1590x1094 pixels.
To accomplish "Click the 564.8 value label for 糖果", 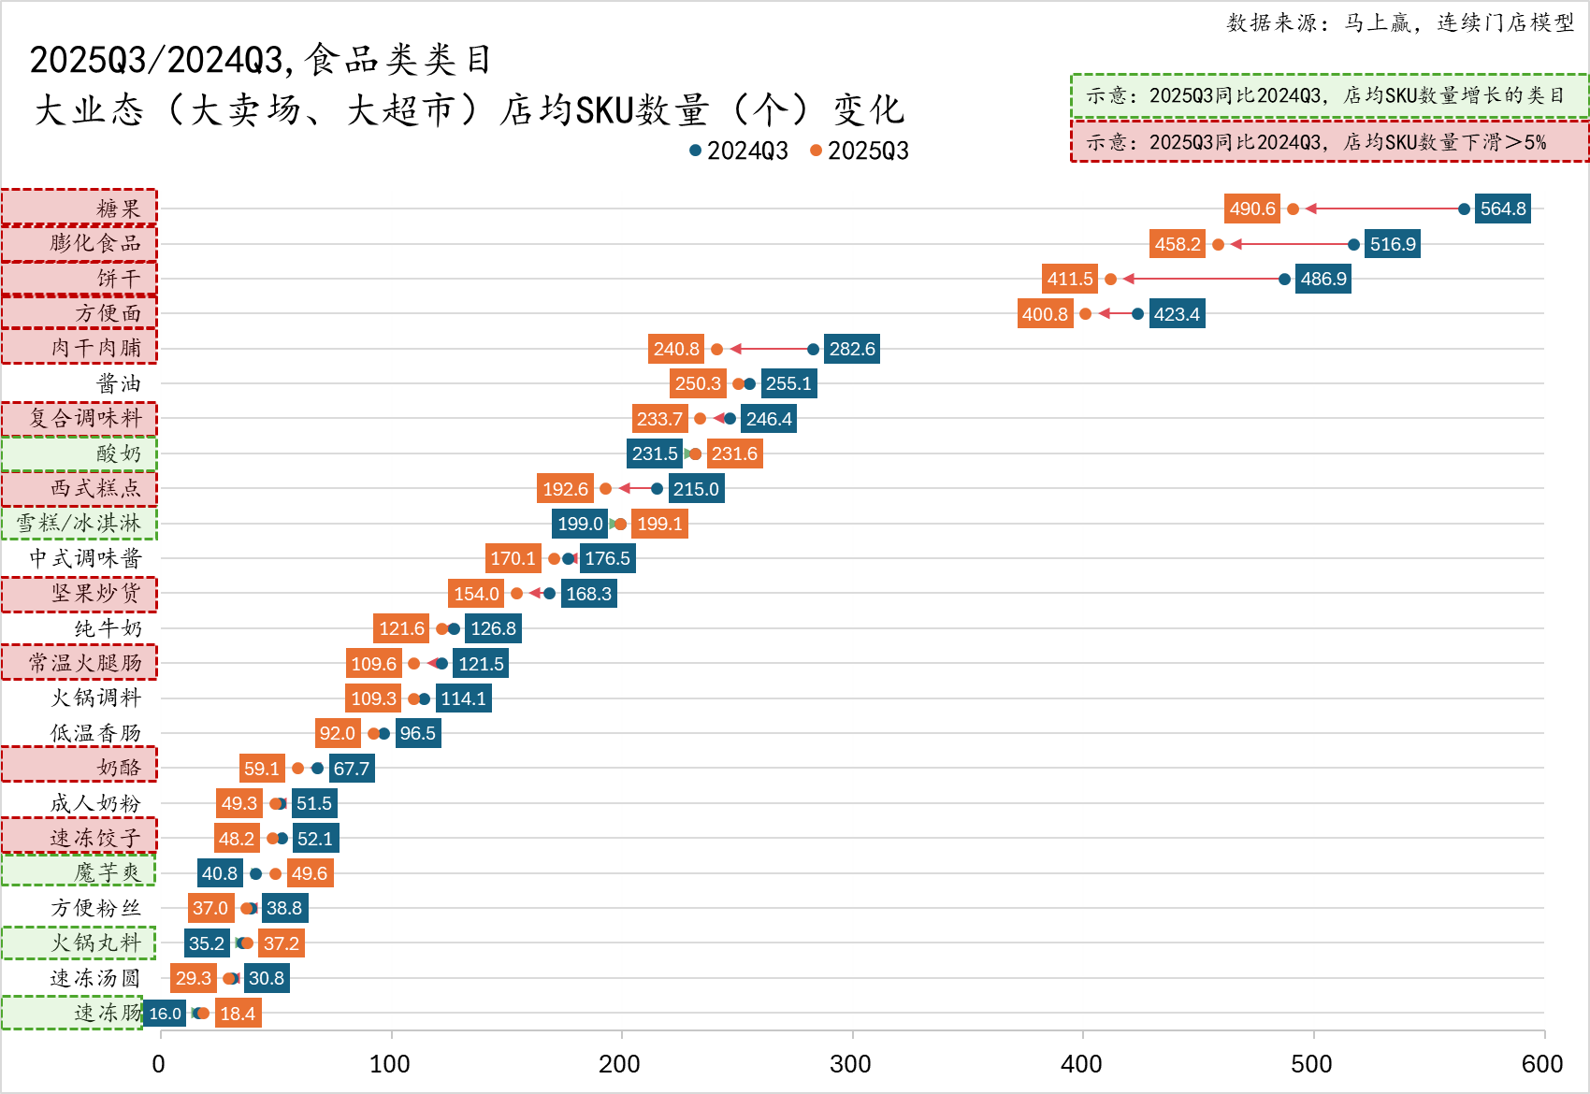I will tap(1502, 209).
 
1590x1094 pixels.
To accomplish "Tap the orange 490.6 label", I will tap(1251, 209).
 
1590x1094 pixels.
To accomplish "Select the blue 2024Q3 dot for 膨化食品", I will tap(1353, 244).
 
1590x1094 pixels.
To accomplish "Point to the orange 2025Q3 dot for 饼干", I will tap(1110, 279).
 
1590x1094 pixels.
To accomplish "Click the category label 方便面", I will tap(108, 313).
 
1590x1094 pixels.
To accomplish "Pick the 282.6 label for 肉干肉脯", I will tap(851, 349).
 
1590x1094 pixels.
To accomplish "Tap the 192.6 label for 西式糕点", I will tap(565, 489).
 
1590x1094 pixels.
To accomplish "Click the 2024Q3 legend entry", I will tap(739, 151).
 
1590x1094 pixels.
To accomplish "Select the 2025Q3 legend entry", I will tap(860, 151).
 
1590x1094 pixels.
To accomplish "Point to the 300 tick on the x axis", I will tap(851, 1064).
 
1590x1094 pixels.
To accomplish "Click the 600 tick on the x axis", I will tap(1542, 1064).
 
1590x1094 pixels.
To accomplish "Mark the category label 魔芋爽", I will tap(108, 872).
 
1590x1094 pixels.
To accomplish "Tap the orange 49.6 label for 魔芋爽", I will tap(310, 873).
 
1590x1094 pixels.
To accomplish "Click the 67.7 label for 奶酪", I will tap(352, 769).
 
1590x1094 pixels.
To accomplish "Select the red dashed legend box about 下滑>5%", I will tap(1328, 142).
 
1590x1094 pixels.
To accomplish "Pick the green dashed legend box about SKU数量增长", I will tap(1328, 95).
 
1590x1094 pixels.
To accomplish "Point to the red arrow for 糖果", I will tap(1384, 209).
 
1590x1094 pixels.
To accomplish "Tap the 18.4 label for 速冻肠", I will tap(238, 1014).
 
